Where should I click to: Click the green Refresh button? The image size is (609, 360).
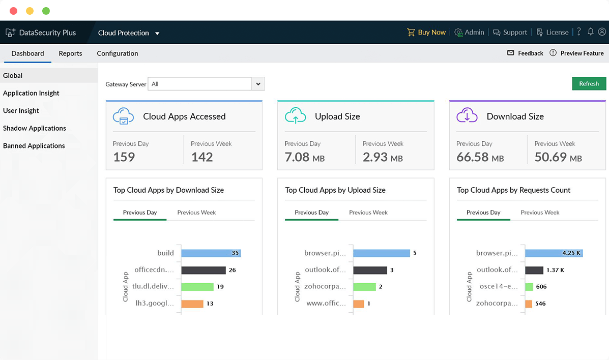coord(589,84)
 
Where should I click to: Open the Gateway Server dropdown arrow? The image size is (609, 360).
coord(258,84)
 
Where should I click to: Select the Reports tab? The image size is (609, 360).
coord(70,53)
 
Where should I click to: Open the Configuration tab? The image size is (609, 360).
coord(117,53)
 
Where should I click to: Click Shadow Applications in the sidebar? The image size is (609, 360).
coord(35,128)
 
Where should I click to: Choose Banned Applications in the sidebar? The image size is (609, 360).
coord(34,146)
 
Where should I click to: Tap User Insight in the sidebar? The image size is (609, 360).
coord(21,111)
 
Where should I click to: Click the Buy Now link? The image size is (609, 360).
coord(426,33)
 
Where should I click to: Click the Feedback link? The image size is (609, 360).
coord(526,53)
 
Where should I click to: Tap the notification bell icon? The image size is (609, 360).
coord(591,32)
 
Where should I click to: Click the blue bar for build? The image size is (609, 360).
coord(211,253)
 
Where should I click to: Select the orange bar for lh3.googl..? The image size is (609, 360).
coord(192,304)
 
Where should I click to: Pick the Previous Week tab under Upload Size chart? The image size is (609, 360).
coord(368,213)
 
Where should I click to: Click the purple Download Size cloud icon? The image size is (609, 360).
coord(467,116)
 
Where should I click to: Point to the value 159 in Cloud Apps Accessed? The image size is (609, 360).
coord(124,157)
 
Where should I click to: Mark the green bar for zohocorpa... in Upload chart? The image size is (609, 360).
coord(364,287)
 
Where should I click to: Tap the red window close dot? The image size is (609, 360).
coord(13,11)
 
